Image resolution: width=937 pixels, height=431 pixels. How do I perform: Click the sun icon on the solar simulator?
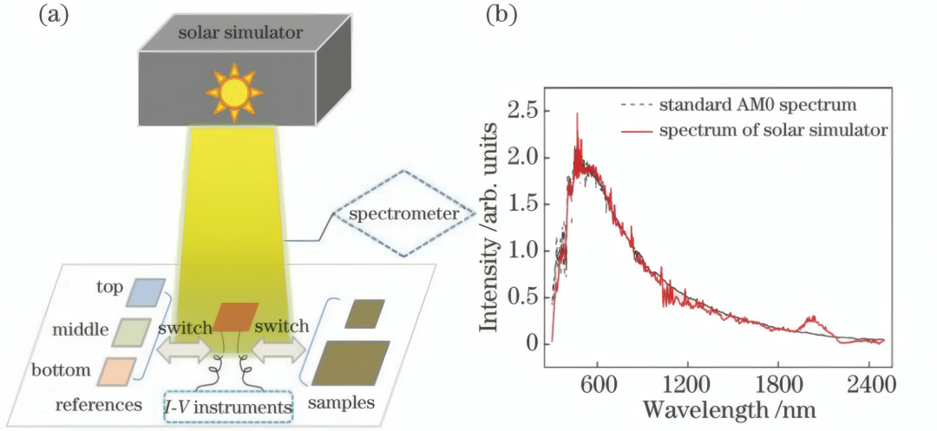(233, 93)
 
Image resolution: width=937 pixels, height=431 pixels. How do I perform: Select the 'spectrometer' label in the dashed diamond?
(404, 213)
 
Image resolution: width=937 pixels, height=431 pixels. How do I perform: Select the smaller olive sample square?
(360, 314)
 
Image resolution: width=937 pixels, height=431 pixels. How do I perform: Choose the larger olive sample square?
(351, 362)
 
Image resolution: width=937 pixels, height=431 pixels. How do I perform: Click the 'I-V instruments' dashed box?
(230, 408)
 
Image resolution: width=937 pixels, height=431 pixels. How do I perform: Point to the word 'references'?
(99, 405)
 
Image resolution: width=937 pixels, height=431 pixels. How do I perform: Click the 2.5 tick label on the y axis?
(523, 112)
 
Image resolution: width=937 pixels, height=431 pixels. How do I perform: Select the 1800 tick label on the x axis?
(777, 385)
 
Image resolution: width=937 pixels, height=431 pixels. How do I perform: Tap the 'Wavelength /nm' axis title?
(730, 410)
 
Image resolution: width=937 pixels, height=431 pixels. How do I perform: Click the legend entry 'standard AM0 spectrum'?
(738, 107)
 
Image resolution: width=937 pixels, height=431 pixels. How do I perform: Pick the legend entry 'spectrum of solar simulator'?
(753, 131)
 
